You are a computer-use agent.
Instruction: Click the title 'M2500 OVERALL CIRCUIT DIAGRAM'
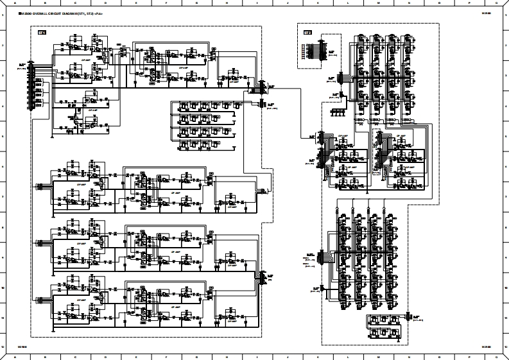coord(61,13)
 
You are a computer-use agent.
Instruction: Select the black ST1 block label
coord(42,31)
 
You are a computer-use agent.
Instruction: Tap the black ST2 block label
coord(307,32)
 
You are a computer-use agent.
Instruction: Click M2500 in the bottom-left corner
coord(22,347)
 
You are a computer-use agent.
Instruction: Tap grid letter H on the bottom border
coord(227,357)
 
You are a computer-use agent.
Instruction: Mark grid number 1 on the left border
coord(3,16)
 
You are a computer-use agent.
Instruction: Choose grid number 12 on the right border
coord(506,347)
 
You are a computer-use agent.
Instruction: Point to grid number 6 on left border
coord(3,167)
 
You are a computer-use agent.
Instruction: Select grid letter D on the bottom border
coord(105,357)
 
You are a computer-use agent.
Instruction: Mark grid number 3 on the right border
coord(506,76)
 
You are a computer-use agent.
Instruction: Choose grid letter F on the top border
coord(166,3)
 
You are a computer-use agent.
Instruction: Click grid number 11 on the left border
coord(3,318)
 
